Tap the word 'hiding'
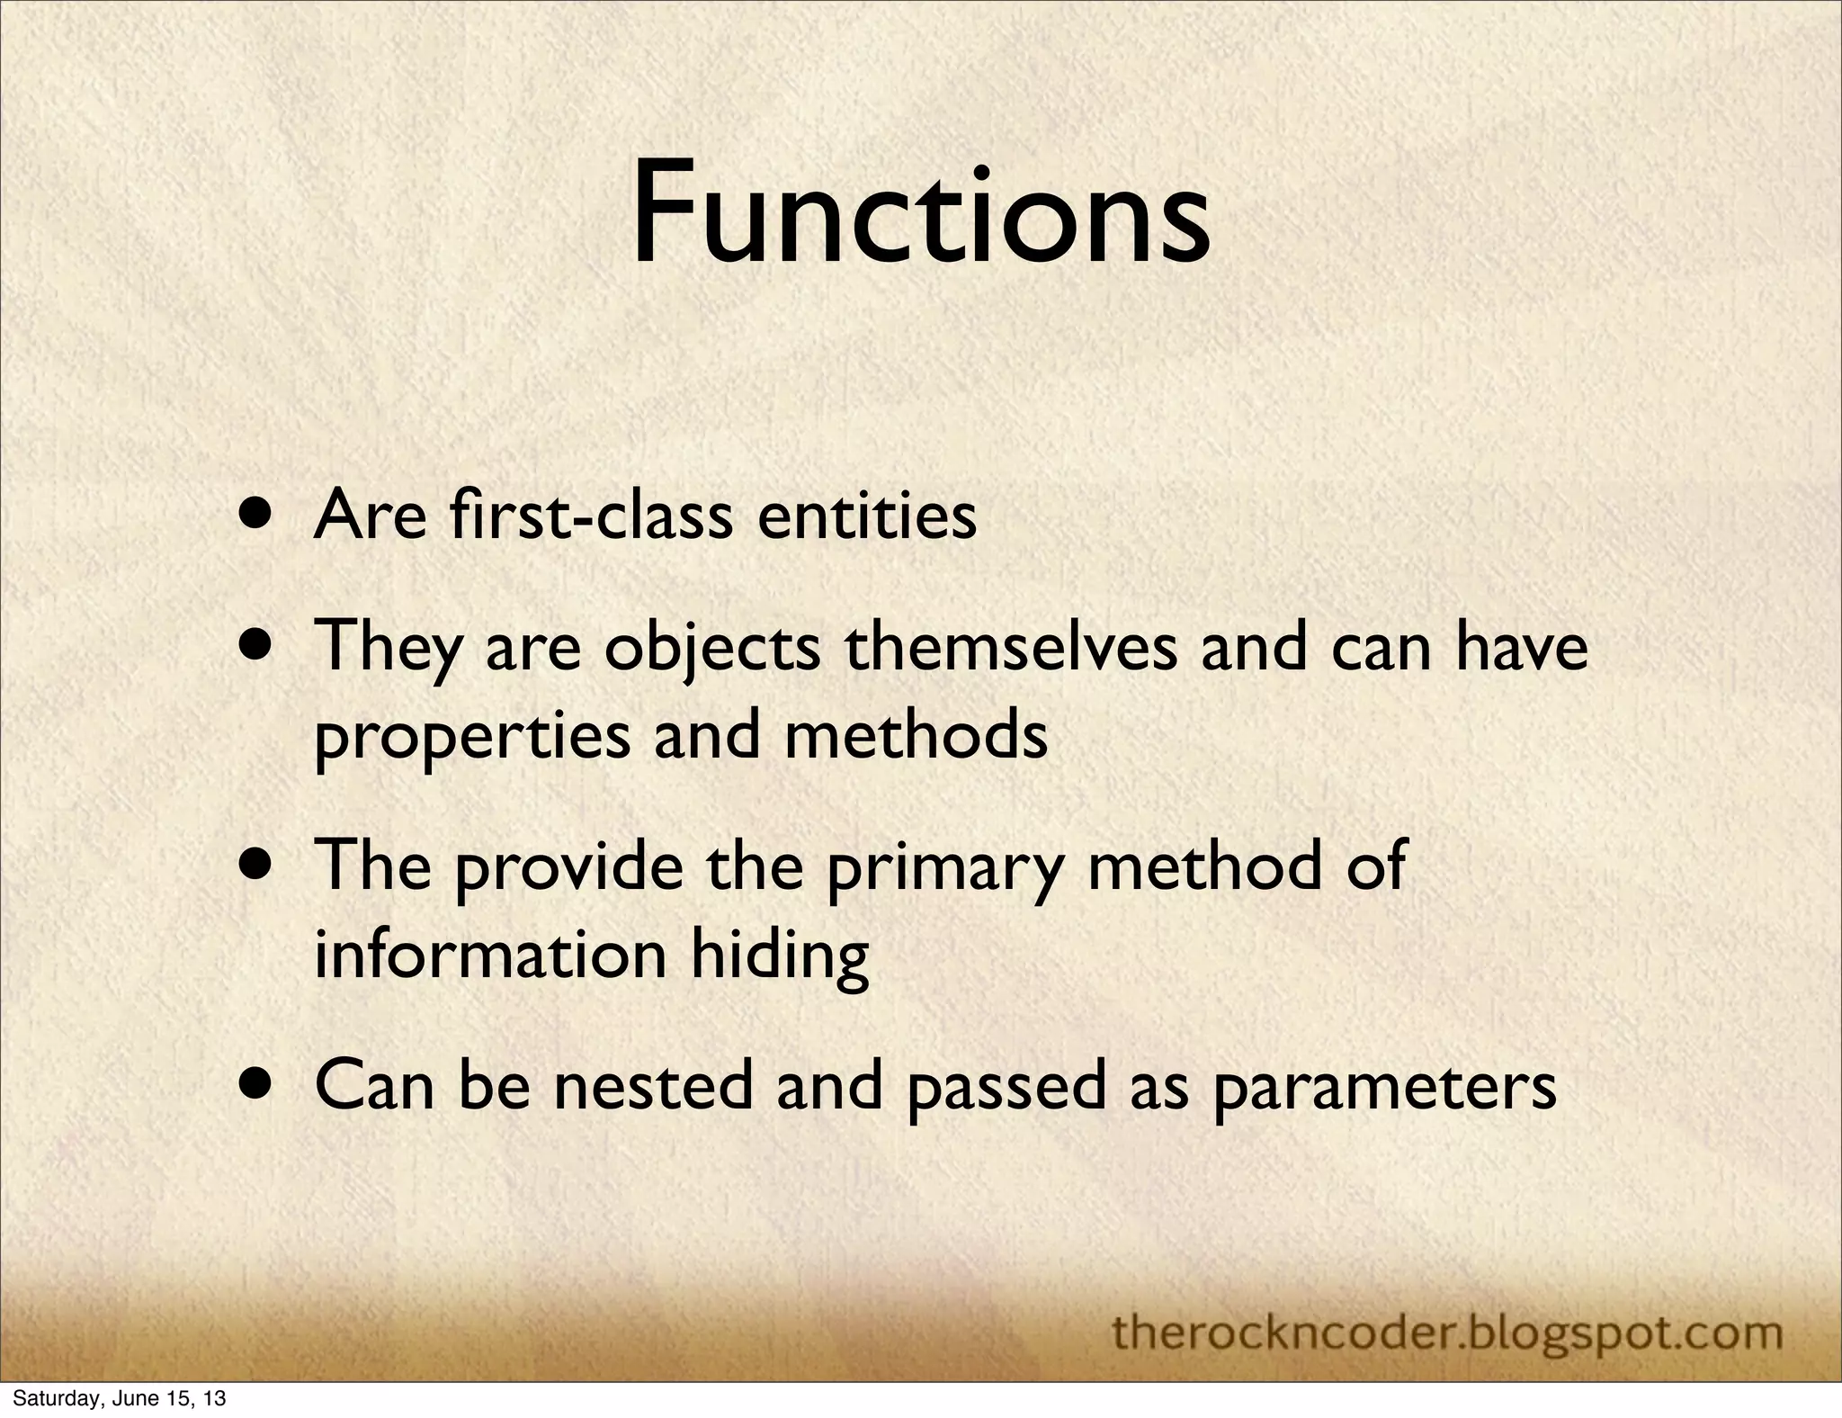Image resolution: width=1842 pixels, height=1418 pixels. pos(779,957)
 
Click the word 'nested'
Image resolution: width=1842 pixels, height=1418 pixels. pos(652,1085)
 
